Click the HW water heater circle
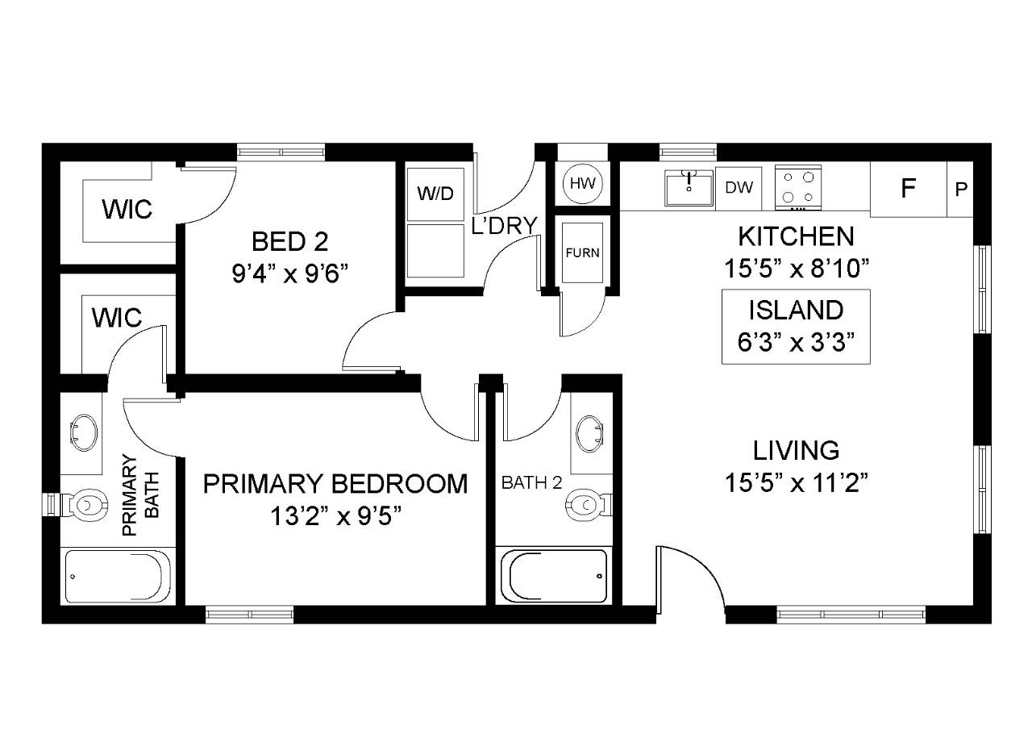coord(582,183)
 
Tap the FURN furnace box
coord(582,252)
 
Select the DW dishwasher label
coord(739,188)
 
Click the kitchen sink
coord(689,188)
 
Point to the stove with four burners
coord(798,188)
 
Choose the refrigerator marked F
coord(908,189)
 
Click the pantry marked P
coord(960,189)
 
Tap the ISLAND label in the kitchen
coord(796,310)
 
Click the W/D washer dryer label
coord(435,194)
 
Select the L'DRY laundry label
coord(505,225)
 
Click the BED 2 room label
coord(289,241)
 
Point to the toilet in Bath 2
coord(589,505)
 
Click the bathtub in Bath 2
coord(554,576)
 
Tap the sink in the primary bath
coord(84,433)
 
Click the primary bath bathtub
coord(118,576)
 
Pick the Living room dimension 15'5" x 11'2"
coord(796,483)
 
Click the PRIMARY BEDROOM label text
coord(335,483)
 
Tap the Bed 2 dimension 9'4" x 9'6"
coord(289,273)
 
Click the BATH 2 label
coord(531,482)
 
